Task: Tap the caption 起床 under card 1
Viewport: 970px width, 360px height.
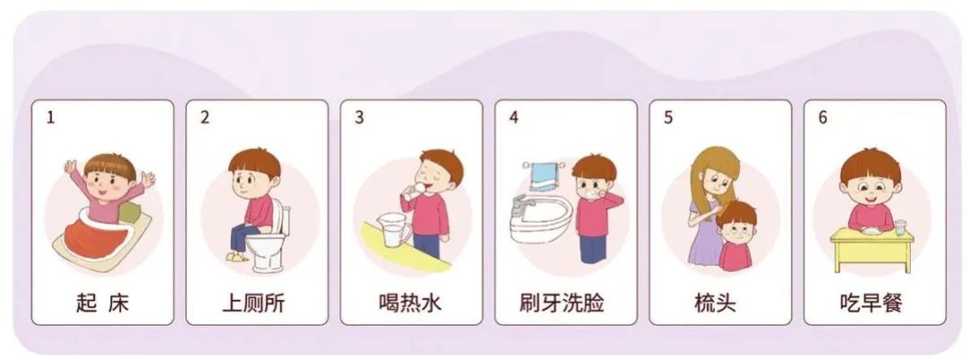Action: pos(101,303)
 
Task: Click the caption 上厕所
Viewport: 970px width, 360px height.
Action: pos(256,303)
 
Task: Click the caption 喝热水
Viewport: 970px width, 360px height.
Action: pos(410,303)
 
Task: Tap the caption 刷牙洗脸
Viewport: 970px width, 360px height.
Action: pos(565,303)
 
